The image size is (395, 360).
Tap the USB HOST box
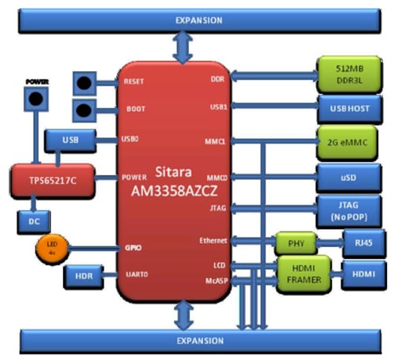click(347, 106)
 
